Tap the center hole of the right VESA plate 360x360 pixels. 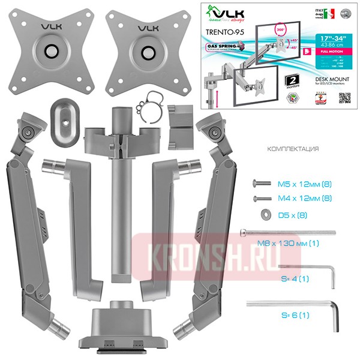(x=145, y=52)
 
